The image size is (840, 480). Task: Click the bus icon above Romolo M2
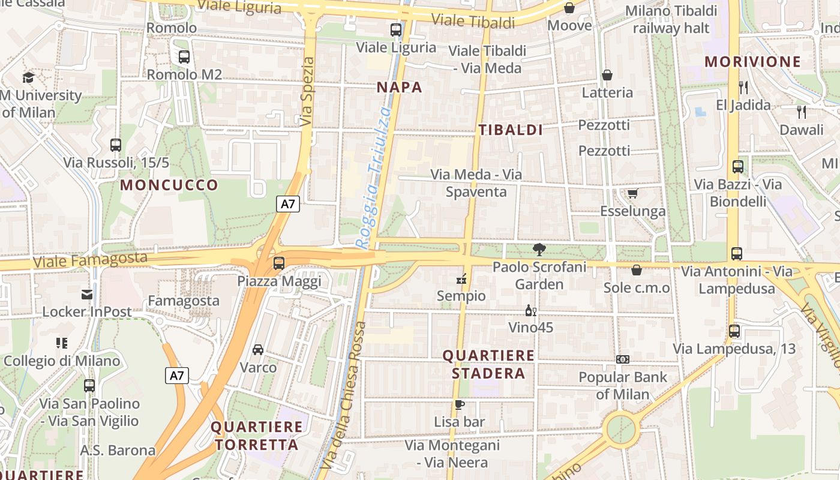coord(184,57)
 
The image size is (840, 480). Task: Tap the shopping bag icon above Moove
coord(569,8)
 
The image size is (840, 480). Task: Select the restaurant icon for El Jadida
coord(743,88)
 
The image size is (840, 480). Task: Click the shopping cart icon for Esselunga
coord(632,193)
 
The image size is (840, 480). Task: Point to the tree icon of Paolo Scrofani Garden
coord(539,249)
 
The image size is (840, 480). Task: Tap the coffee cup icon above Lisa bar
coord(459,404)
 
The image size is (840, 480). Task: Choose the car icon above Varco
coord(258,349)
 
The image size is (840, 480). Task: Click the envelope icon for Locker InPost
coord(87,294)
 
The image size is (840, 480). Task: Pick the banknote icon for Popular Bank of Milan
coord(623,359)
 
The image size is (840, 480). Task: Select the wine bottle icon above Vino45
coord(531,310)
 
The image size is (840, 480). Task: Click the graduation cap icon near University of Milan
coord(28,77)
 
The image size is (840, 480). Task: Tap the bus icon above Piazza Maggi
coord(279,263)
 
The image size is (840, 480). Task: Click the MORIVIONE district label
coord(752,61)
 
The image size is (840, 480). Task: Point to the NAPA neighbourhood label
coord(400,87)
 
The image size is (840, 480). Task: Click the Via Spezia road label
coord(307,91)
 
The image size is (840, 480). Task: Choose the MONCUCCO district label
coord(169,185)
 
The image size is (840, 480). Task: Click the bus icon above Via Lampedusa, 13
coord(734,331)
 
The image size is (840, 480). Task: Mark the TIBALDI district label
coord(511,130)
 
